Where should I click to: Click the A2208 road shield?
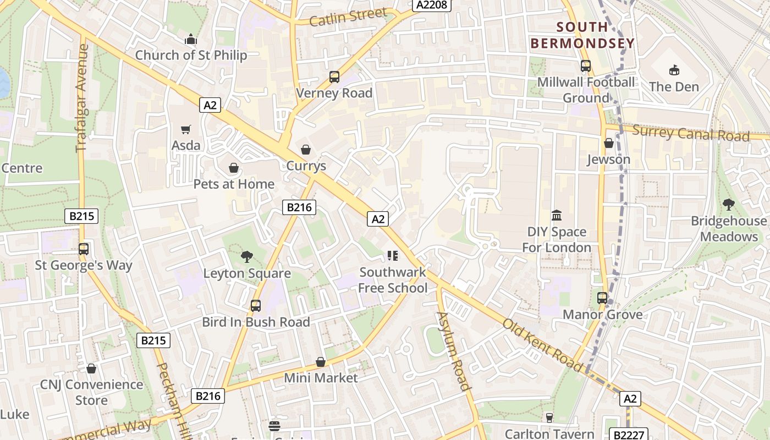(432, 5)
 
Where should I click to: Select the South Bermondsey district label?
(582, 35)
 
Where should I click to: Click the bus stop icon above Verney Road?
(334, 77)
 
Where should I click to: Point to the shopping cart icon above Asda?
(186, 129)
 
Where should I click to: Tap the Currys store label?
(306, 166)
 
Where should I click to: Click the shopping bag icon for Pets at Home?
(234, 168)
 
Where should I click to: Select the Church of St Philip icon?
(191, 39)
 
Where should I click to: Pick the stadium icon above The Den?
(674, 70)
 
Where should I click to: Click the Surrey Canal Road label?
(691, 133)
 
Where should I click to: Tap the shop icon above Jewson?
(608, 143)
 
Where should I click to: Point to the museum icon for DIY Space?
(556, 215)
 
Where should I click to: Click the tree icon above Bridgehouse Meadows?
(729, 205)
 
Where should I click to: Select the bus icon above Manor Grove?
(602, 298)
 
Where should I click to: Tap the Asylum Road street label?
(454, 350)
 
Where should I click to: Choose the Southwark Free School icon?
(392, 255)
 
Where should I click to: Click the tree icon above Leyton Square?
(247, 256)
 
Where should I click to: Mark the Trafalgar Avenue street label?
(82, 98)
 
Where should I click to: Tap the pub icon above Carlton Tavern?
(549, 417)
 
